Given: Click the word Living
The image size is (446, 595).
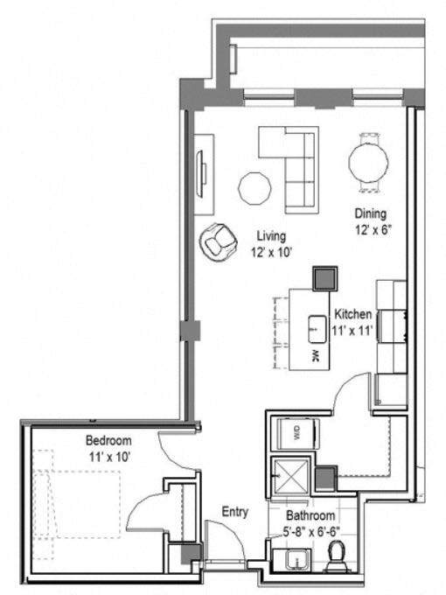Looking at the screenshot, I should pos(271,236).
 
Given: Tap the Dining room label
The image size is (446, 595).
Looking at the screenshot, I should pos(370,213).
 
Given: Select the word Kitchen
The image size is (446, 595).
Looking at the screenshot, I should pos(353,314).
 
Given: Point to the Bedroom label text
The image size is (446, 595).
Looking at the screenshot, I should pos(108,439).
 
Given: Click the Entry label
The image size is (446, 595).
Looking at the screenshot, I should pos(235,513).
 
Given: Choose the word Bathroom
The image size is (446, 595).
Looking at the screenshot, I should pos(310,516).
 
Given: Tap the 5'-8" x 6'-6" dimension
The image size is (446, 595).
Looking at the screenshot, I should pos(313,530).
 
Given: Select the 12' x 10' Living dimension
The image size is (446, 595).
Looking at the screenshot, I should pos(271,252).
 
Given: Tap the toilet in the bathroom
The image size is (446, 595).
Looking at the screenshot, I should pos(335,555).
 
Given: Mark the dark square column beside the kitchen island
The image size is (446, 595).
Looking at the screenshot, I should pos(326,278).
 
